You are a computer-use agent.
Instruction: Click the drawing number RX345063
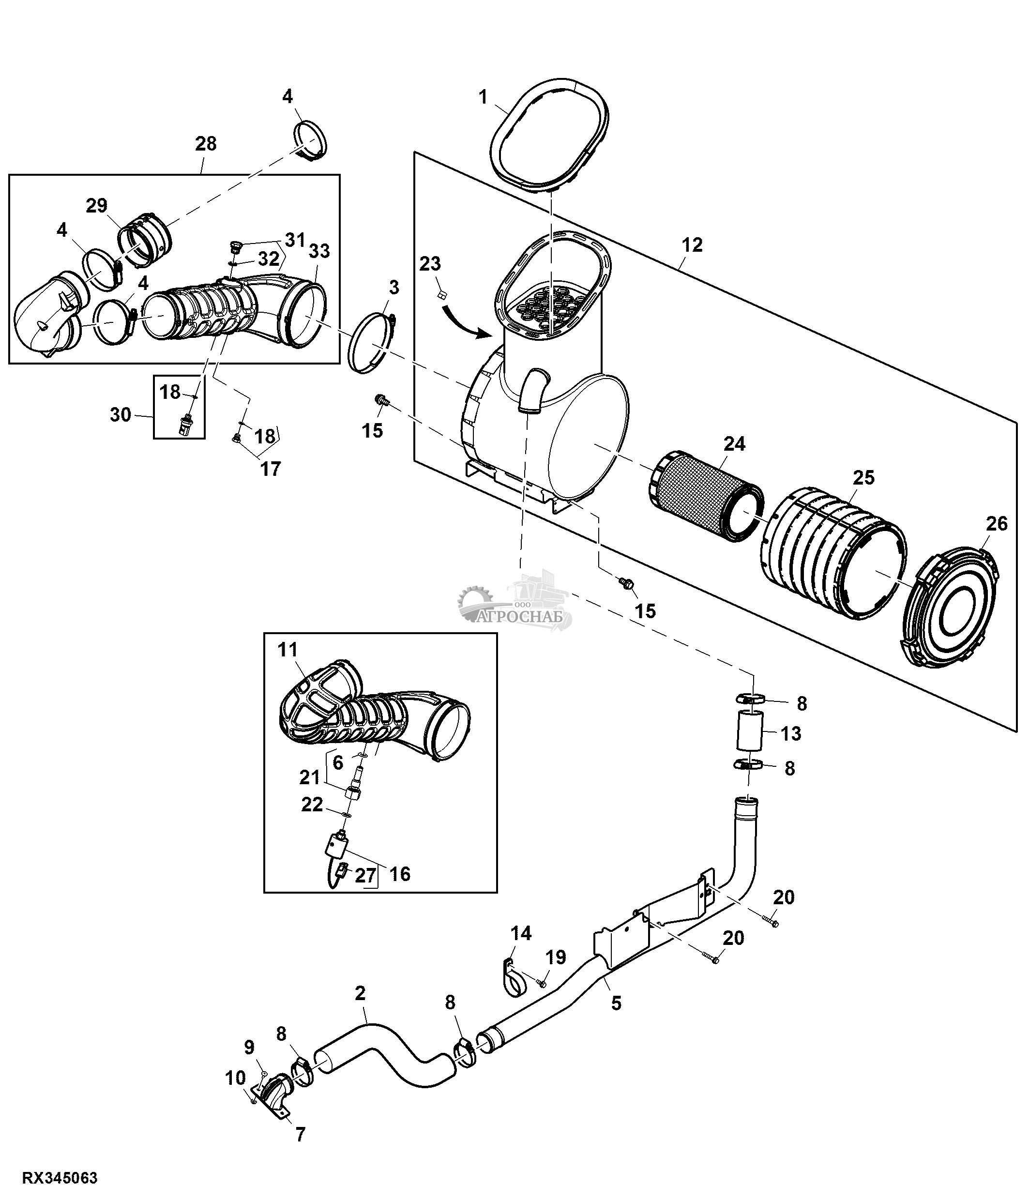tap(60, 1178)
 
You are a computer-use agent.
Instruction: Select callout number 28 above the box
tap(205, 144)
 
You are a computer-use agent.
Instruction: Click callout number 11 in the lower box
tap(288, 650)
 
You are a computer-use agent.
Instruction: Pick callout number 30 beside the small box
tap(121, 415)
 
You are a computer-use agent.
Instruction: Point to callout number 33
tap(319, 251)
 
